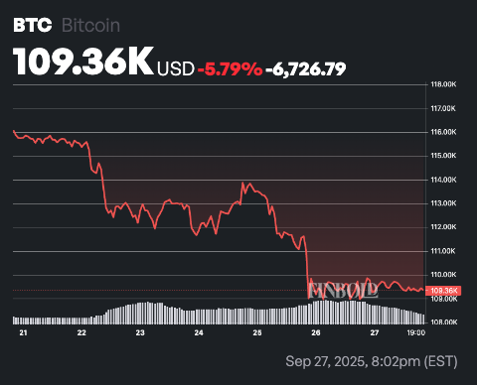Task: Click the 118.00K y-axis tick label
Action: pyautogui.click(x=442, y=84)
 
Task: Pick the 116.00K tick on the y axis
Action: pyautogui.click(x=442, y=132)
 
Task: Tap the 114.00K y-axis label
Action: pyautogui.click(x=442, y=180)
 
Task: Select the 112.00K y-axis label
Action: pyautogui.click(x=442, y=226)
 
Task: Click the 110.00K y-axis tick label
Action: pyautogui.click(x=442, y=274)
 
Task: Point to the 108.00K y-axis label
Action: pyautogui.click(x=442, y=321)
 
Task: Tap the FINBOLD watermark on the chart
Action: pyautogui.click(x=343, y=292)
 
